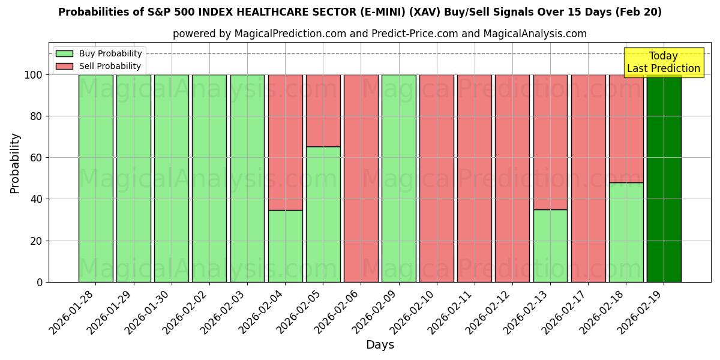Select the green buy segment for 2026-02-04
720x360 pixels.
(x=285, y=246)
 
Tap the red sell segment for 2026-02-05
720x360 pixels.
(x=323, y=110)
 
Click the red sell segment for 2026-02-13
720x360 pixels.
(x=550, y=142)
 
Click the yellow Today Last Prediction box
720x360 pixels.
(x=663, y=62)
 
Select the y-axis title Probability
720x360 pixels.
(x=15, y=163)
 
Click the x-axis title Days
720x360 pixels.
(x=380, y=345)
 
